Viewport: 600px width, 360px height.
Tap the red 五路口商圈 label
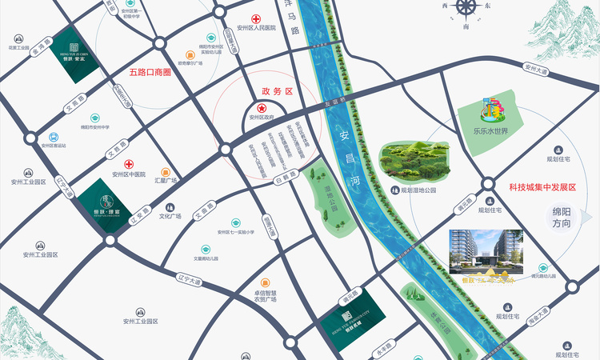coord(150,72)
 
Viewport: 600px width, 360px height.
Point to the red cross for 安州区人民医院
coord(256,18)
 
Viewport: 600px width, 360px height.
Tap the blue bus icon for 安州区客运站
coord(54,137)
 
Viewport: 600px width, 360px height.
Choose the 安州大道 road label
coord(537,70)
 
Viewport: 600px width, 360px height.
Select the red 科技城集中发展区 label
coord(542,186)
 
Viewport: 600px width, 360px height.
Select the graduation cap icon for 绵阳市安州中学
coord(95,115)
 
